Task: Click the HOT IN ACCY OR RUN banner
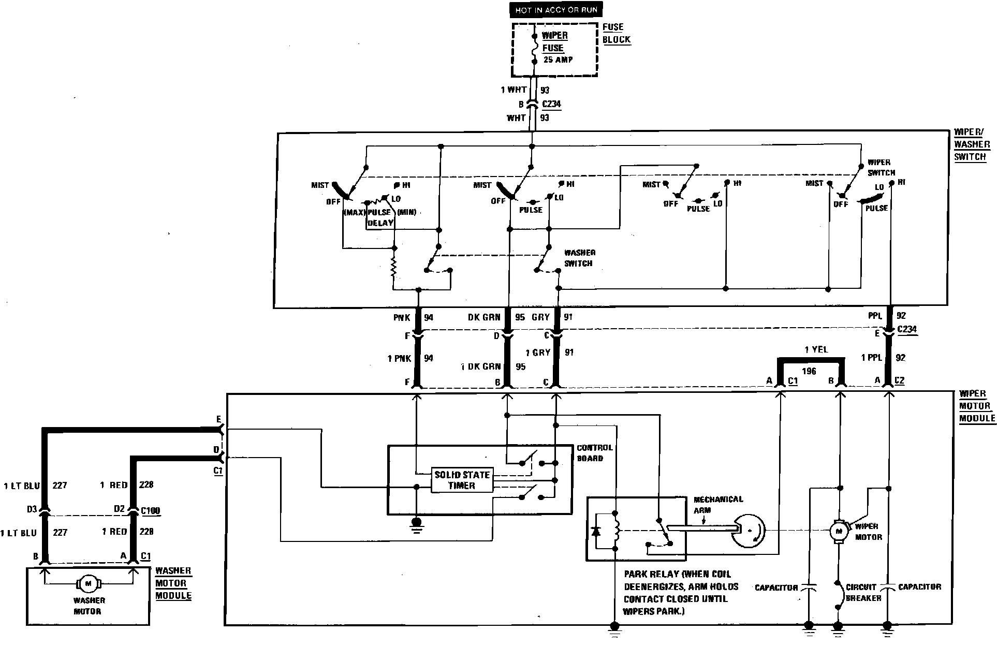point(556,10)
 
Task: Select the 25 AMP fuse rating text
point(558,60)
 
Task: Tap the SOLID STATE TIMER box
point(462,480)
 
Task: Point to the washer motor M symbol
point(87,583)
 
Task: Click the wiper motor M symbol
point(839,531)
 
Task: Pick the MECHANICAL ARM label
point(718,504)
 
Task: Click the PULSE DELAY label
point(380,217)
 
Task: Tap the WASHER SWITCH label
point(579,258)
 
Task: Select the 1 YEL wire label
point(816,349)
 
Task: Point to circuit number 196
point(809,371)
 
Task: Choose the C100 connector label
point(150,510)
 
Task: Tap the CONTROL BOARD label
point(594,452)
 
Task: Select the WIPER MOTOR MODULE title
point(976,406)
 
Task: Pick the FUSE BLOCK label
point(616,33)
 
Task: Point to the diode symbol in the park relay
point(596,531)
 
